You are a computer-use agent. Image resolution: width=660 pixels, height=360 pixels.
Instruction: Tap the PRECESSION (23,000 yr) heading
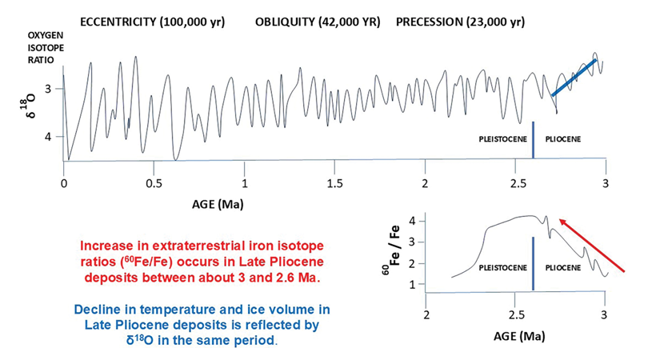pos(462,21)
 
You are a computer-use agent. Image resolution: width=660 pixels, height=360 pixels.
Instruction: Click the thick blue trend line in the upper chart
pos(573,78)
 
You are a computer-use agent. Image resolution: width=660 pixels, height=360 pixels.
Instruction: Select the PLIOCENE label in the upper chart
pos(562,140)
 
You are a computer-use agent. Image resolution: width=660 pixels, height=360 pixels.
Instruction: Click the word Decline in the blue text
pos(99,308)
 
